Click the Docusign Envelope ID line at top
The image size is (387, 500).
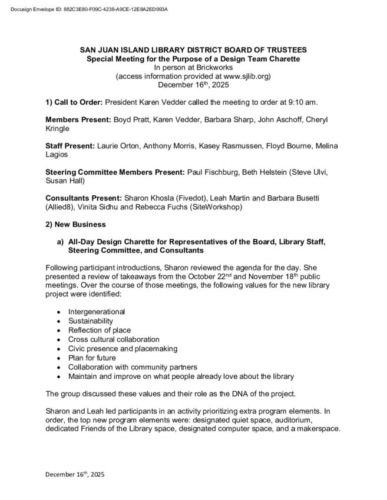tap(85, 10)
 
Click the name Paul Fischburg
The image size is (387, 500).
tap(214, 172)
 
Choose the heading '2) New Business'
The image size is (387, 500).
tap(76, 224)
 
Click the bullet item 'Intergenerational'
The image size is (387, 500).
tap(97, 311)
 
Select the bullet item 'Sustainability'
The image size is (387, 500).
tap(90, 321)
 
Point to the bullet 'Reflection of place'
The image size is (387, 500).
tap(100, 330)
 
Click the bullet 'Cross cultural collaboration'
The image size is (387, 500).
tap(114, 339)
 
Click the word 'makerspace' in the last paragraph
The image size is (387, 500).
tap(319, 429)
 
